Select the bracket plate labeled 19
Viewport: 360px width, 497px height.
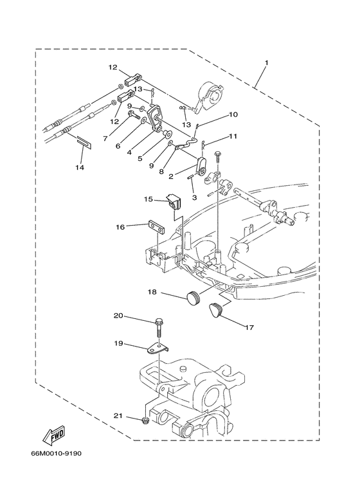click(157, 348)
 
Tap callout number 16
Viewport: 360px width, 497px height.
click(120, 226)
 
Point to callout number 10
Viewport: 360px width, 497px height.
click(233, 115)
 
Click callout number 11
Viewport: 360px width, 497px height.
click(233, 136)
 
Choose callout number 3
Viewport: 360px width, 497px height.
click(193, 197)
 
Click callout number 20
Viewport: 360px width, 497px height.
click(118, 316)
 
